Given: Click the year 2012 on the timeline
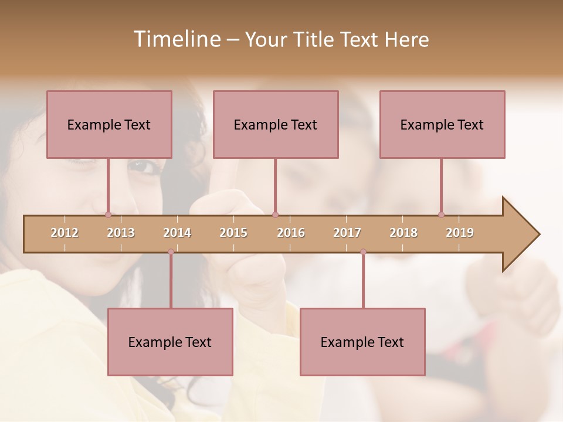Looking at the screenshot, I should (65, 233).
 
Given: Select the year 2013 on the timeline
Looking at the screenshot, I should (121, 233).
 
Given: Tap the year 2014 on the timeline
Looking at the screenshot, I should (177, 233).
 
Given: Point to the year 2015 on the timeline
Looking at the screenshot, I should (233, 233).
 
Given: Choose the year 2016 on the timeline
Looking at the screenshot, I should (291, 233).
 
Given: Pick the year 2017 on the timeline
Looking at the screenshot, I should (347, 233).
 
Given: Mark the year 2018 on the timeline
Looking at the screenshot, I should (403, 233).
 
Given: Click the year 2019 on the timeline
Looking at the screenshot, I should (460, 233).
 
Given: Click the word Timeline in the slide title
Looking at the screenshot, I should (175, 39).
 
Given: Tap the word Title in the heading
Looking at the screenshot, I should (315, 40).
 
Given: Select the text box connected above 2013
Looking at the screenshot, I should (109, 124).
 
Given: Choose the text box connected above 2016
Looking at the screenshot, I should (276, 124).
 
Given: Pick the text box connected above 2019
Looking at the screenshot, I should (442, 124).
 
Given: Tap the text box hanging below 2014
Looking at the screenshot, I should (170, 342).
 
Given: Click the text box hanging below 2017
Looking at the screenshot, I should (362, 342).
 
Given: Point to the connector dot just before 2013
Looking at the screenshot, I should (108, 215).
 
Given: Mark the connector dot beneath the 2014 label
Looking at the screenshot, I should (171, 252).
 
